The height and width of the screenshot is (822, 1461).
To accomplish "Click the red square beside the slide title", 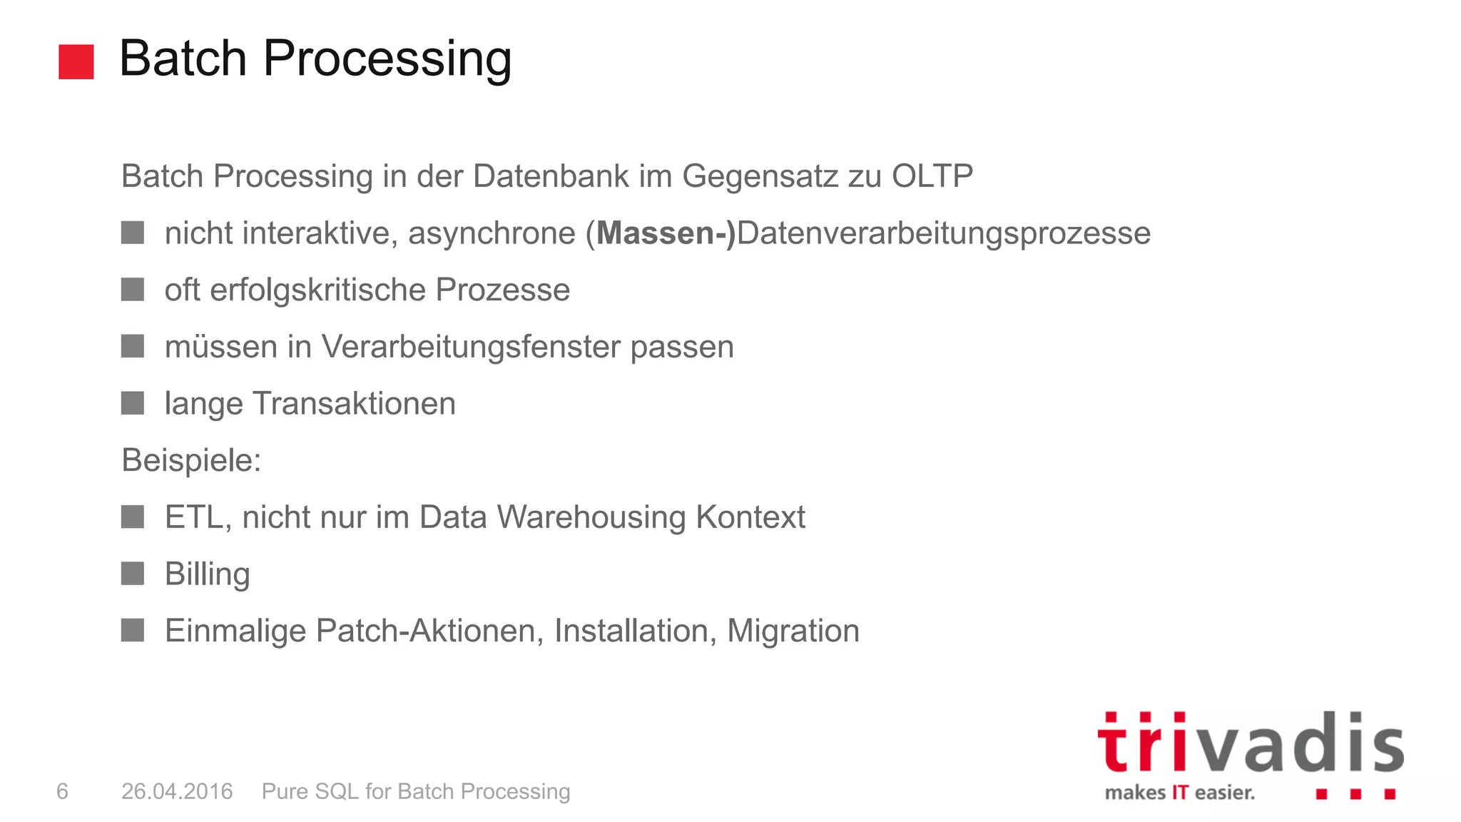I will point(76,61).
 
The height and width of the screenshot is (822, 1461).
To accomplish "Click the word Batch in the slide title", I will point(183,59).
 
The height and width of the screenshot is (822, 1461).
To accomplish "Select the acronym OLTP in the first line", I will point(932,176).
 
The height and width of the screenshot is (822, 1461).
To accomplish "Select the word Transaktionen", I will point(354,404).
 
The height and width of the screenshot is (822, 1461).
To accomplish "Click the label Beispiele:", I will point(191,460).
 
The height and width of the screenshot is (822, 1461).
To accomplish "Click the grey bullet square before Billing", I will point(133,573).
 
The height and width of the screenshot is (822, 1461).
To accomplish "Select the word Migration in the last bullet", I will point(793,631).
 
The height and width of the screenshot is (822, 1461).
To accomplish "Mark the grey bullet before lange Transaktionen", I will point(133,402).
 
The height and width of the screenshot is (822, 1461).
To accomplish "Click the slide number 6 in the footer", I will point(62,791).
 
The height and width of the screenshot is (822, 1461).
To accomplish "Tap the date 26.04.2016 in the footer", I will point(177,791).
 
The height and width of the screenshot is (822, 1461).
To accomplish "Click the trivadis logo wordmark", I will point(1250,744).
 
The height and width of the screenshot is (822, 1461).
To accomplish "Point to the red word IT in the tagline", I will point(1180,793).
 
